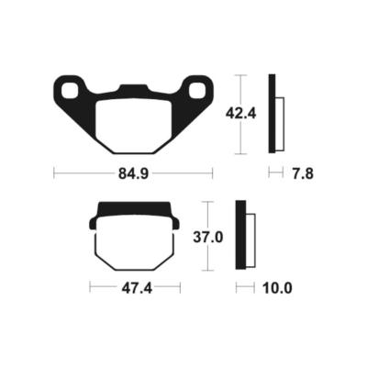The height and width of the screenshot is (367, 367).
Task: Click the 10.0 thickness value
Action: coord(275,288)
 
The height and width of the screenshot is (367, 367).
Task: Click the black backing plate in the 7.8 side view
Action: coord(272,113)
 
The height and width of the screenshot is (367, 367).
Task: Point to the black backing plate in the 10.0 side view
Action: coord(240,236)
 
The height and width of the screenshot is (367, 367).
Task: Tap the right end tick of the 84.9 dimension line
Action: coord(213,172)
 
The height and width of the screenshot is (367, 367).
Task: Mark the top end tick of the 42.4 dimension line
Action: coord(240,74)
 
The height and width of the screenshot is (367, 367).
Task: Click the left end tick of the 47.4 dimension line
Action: coord(90,288)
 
